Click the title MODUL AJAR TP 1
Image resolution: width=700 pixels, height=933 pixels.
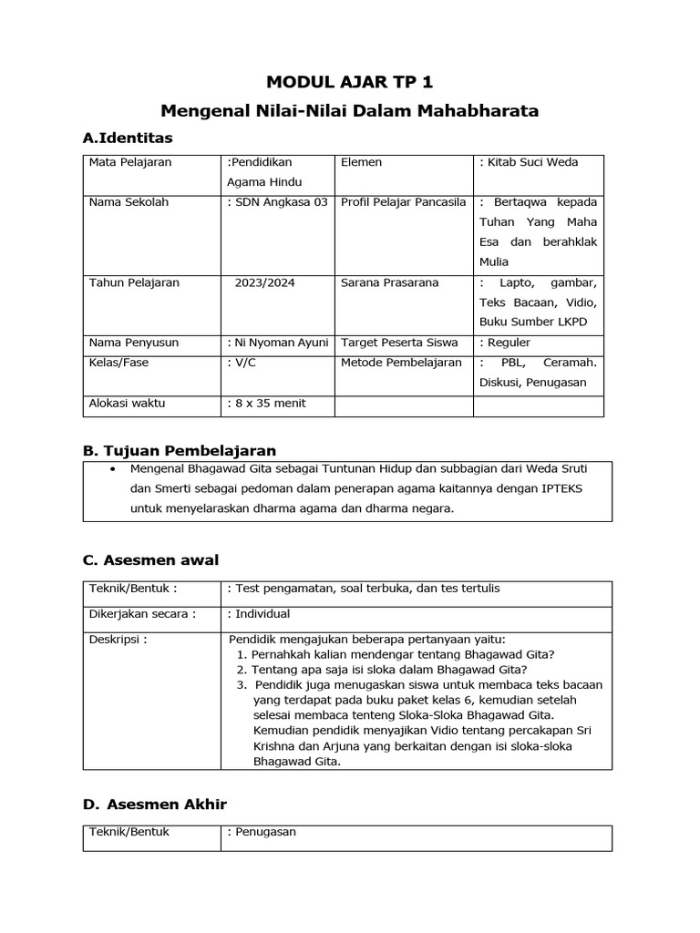pyautogui.click(x=350, y=82)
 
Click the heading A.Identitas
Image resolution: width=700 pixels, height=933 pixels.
pyautogui.click(x=127, y=138)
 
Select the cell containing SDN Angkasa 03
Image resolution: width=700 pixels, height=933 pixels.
pyautogui.click(x=277, y=202)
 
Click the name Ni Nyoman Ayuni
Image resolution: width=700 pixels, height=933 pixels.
pyautogui.click(x=277, y=343)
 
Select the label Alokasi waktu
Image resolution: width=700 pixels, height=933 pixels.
pyautogui.click(x=127, y=403)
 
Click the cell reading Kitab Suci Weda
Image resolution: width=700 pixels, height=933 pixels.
pyautogui.click(x=529, y=162)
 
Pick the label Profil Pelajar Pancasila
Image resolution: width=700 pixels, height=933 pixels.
pyautogui.click(x=403, y=202)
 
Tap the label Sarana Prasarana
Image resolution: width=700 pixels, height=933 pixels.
pyautogui.click(x=389, y=282)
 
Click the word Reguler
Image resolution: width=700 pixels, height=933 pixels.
pyautogui.click(x=510, y=343)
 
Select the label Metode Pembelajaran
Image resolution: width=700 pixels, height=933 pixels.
pyautogui.click(x=401, y=363)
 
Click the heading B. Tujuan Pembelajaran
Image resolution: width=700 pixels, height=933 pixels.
pyautogui.click(x=179, y=450)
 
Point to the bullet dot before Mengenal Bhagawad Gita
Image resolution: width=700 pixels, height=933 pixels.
pyautogui.click(x=111, y=469)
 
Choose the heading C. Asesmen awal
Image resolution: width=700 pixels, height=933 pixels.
pyautogui.click(x=150, y=559)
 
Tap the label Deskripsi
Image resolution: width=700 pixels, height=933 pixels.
pyautogui.click(x=117, y=639)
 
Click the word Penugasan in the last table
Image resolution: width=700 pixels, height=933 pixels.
pyautogui.click(x=265, y=832)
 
